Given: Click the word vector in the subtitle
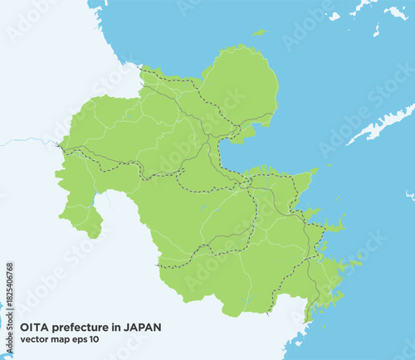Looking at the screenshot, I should [x=33, y=342].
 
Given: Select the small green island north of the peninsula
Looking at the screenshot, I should [x=260, y=33].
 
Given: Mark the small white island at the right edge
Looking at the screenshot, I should [x=409, y=196].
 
